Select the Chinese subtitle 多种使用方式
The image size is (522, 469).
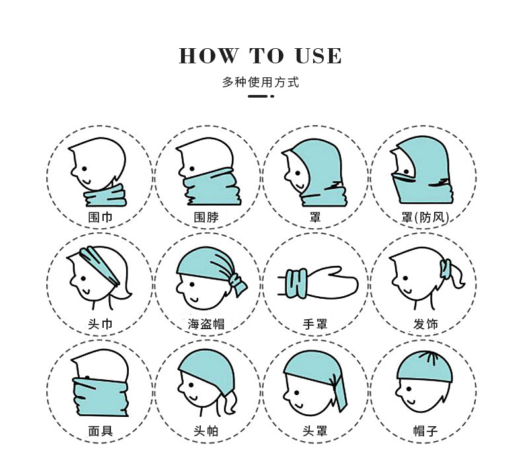(261, 83)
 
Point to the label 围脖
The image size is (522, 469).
(206, 216)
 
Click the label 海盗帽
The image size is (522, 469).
(206, 324)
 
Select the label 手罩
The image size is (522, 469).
(315, 324)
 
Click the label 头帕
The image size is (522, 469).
(206, 431)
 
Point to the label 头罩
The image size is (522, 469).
(315, 431)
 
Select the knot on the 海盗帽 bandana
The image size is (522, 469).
(236, 282)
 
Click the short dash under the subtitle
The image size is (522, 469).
(258, 97)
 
